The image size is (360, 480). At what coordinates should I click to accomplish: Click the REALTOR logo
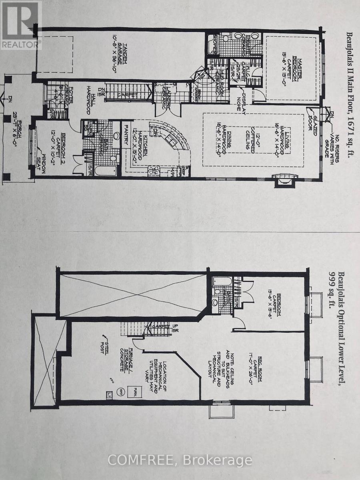[x=21, y=25]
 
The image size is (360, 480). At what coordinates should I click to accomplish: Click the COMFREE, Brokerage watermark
[x=180, y=460]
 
